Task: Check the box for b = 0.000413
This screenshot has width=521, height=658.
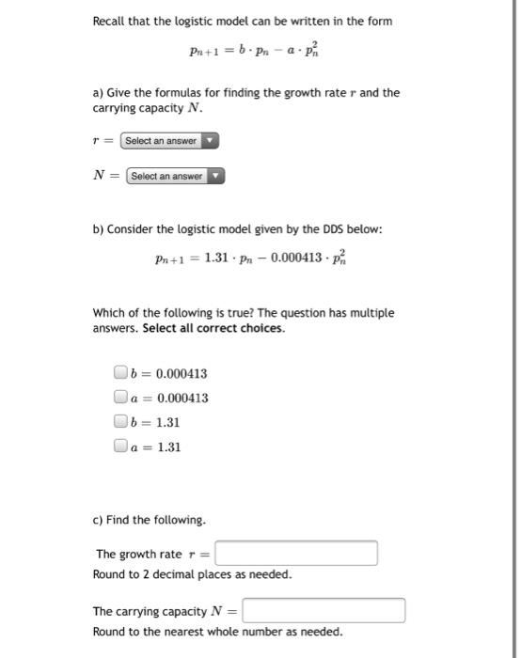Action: [119, 373]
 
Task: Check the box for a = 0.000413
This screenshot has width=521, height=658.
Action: [119, 398]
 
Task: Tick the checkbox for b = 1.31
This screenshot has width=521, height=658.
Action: [119, 423]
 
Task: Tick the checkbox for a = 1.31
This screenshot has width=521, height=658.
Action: [119, 447]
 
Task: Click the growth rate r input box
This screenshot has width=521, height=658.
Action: [296, 553]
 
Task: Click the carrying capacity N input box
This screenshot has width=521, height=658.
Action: [324, 611]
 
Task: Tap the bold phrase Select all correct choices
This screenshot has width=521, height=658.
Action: [213, 329]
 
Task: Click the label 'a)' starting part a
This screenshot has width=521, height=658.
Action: [99, 92]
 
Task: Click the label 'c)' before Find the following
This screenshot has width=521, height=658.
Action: [99, 520]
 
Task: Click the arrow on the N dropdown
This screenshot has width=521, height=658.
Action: [216, 176]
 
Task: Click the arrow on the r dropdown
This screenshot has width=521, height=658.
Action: [211, 141]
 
